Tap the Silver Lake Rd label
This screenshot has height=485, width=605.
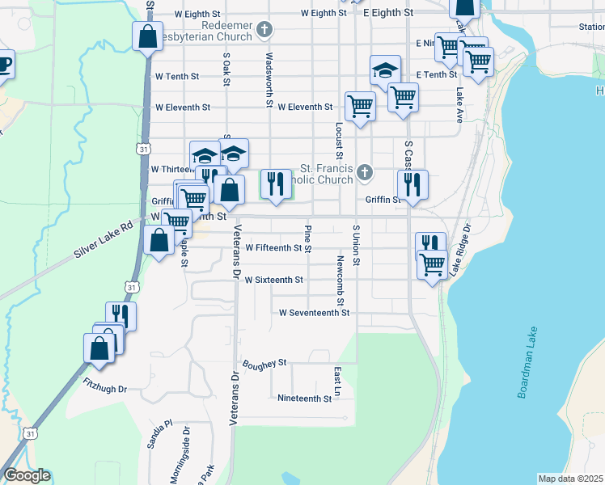103,240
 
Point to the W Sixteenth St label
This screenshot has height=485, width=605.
273,280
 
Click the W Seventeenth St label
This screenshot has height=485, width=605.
314,312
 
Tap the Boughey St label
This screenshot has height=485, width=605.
264,364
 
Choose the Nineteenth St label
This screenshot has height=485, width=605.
304,399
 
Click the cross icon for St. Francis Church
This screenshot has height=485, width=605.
366,172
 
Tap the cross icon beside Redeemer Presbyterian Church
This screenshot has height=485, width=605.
263,31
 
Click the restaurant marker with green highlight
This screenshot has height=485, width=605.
275,183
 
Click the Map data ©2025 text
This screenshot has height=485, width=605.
570,479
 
